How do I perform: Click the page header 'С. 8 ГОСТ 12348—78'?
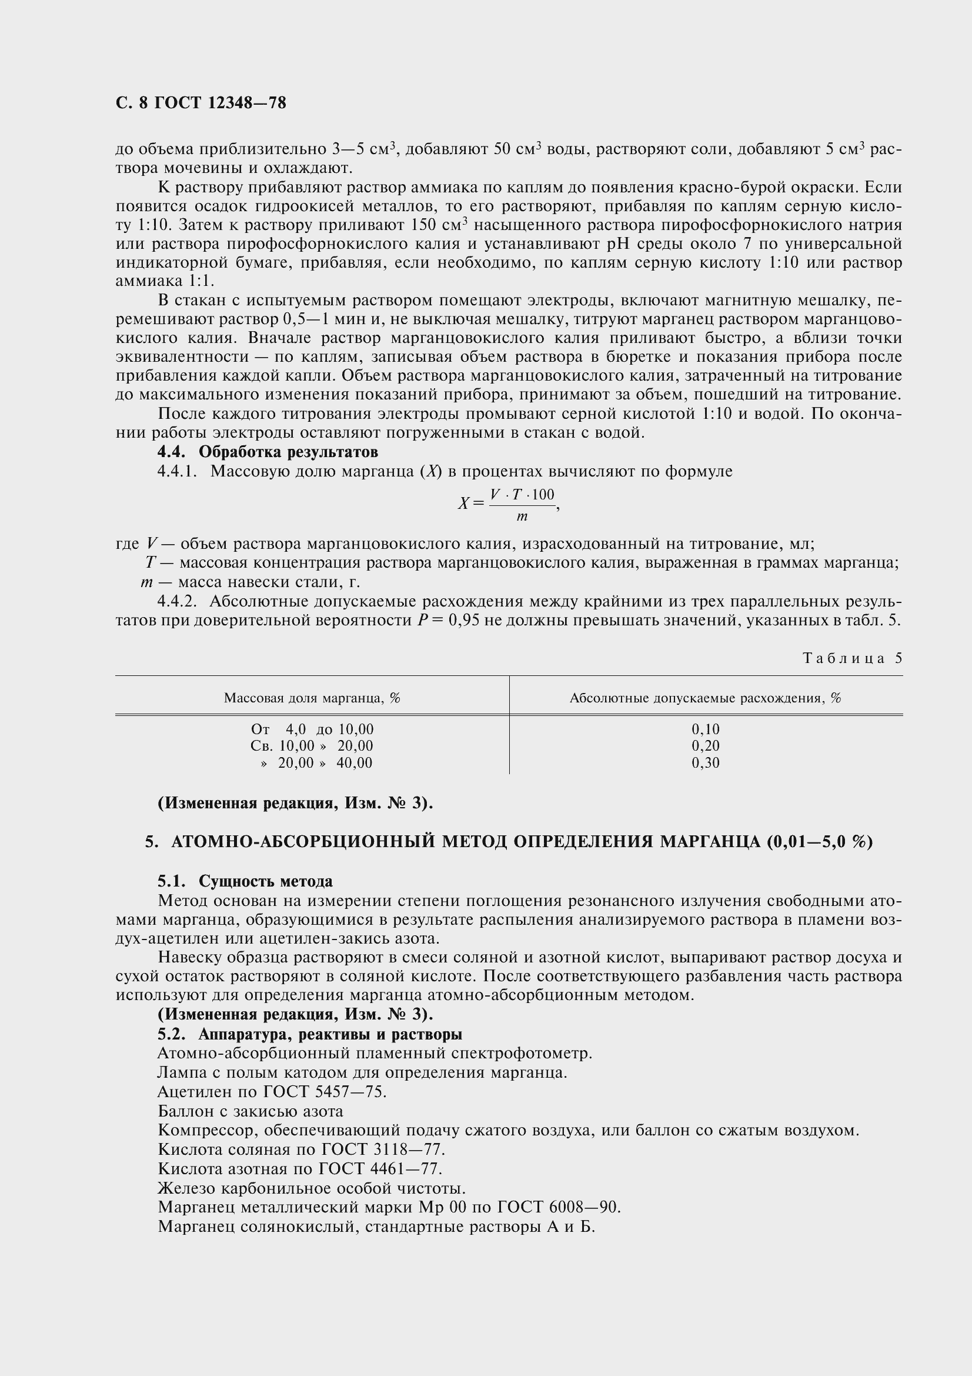point(201,103)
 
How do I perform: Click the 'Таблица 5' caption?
point(851,658)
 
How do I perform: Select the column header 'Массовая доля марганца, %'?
point(312,698)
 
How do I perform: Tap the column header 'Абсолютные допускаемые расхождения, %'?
point(705,698)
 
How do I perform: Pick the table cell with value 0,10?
point(705,729)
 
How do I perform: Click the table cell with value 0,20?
point(705,745)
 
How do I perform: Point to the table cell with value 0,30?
point(705,763)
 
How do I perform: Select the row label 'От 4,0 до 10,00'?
point(312,729)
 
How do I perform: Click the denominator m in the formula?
point(522,516)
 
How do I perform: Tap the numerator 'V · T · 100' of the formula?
point(522,495)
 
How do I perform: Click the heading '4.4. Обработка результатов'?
point(267,451)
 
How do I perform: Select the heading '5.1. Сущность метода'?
point(245,882)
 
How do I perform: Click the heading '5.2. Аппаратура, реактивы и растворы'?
point(309,1034)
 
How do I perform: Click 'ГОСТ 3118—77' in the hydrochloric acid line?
point(383,1150)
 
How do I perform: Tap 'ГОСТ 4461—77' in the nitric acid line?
point(380,1169)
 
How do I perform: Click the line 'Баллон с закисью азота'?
point(250,1111)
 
